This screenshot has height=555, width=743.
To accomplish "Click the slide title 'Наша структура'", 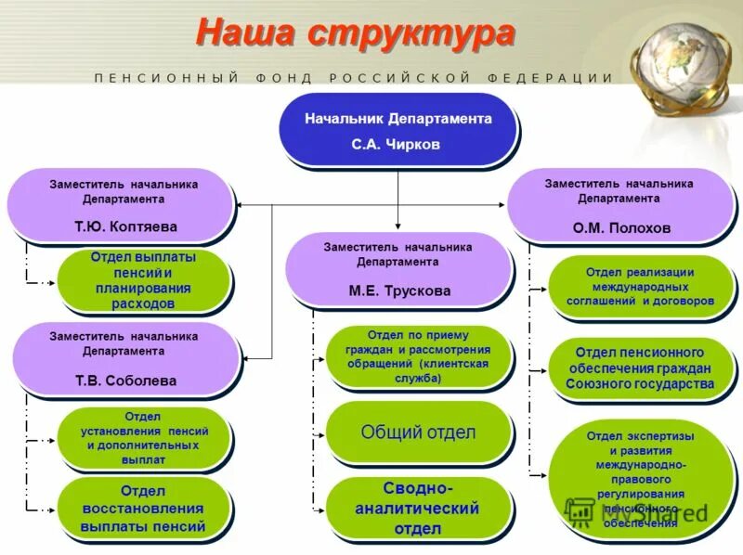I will pyautogui.click(x=354, y=33).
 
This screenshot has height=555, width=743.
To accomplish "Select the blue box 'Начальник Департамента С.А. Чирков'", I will pyautogui.click(x=398, y=131).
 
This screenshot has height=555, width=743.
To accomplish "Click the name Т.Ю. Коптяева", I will pyautogui.click(x=125, y=226).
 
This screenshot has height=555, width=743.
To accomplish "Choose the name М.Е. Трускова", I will pyautogui.click(x=398, y=290).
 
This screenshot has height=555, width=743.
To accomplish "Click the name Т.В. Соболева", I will pyautogui.click(x=125, y=381).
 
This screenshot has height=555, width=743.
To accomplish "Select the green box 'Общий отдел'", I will pyautogui.click(x=418, y=432).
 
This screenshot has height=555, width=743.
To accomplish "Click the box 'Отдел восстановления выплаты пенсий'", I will pyautogui.click(x=142, y=510).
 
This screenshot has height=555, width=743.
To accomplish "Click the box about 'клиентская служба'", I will pyautogui.click(x=418, y=356).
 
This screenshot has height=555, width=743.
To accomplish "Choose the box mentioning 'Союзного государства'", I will pyautogui.click(x=640, y=368).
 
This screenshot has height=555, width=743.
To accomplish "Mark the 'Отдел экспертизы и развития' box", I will pyautogui.click(x=640, y=479).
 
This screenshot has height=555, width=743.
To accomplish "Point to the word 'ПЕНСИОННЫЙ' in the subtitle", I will pyautogui.click(x=167, y=78).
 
